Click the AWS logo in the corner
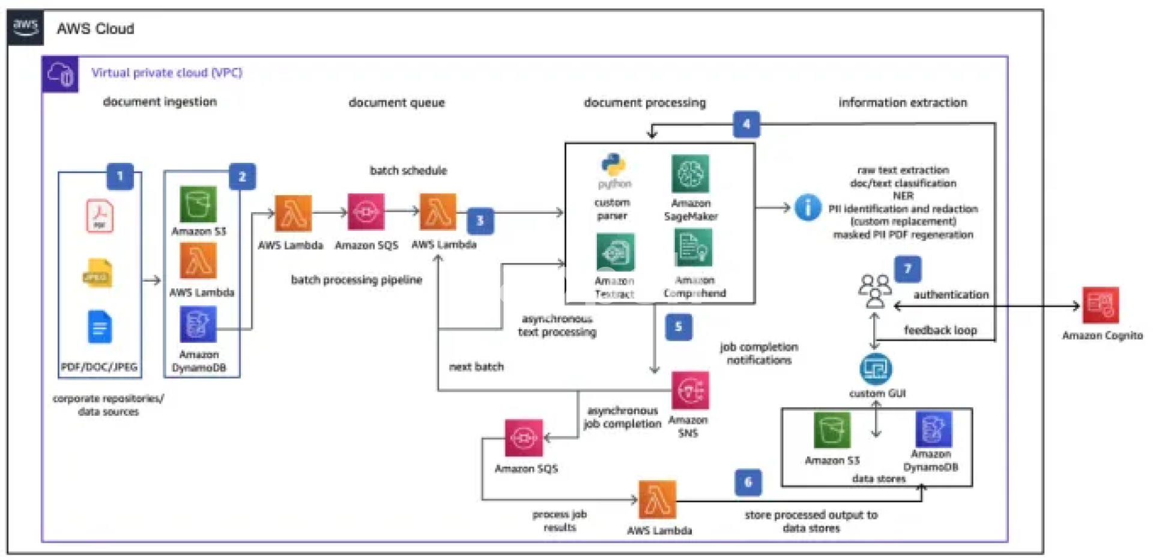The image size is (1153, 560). click(x=26, y=27)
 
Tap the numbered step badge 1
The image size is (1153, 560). click(x=120, y=177)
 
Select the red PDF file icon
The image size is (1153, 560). click(x=100, y=216)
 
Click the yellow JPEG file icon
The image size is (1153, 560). click(x=98, y=274)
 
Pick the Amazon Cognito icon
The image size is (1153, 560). click(x=1100, y=305)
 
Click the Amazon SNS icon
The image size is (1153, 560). click(x=690, y=391)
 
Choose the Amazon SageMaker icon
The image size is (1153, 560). click(x=690, y=174)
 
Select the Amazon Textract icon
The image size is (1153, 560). click(x=615, y=252)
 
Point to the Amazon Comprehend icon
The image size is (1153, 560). click(x=694, y=248)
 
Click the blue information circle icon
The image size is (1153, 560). click(x=808, y=208)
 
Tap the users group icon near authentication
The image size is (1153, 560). click(x=874, y=290)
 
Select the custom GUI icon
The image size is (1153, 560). click(x=876, y=369)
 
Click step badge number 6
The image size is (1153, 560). click(x=748, y=482)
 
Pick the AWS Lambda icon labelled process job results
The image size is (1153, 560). click(x=657, y=499)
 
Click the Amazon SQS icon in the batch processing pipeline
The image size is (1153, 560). click(x=366, y=212)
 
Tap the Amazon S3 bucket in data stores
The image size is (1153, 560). click(x=832, y=430)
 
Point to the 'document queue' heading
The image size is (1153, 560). click(x=396, y=103)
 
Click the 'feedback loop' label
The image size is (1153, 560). click(x=940, y=330)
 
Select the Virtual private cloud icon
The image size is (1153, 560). click(x=60, y=75)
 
